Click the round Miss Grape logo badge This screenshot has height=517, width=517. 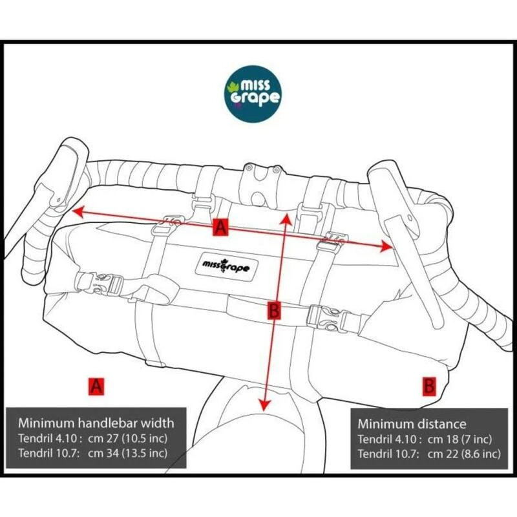[253, 94]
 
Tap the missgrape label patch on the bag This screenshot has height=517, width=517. [227, 266]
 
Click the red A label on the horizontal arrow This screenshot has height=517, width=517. [220, 227]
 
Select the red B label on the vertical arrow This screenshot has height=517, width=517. [274, 310]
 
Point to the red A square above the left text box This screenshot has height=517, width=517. [96, 386]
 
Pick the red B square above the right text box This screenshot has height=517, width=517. [429, 386]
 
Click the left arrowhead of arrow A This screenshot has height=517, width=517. [78, 211]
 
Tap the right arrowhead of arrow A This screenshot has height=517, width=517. [386, 246]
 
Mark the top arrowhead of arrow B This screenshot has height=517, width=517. [286, 218]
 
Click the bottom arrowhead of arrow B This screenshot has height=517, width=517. [264, 405]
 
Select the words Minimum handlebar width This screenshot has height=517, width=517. [96, 423]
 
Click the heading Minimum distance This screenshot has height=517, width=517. [412, 424]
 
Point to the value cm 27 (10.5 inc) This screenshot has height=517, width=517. [128, 439]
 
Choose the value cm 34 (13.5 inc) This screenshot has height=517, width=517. [128, 453]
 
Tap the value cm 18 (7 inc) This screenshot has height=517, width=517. [460, 439]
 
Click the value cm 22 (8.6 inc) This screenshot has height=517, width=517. [464, 454]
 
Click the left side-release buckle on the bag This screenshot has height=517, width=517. [100, 283]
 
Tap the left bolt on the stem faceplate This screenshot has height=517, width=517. [249, 167]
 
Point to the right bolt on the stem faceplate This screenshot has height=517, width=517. [277, 170]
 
